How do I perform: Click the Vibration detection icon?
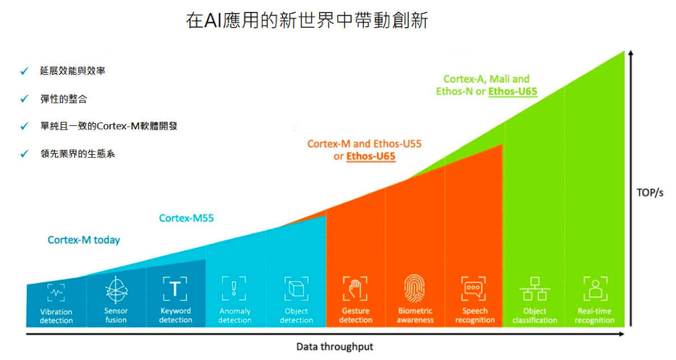tap(56, 293)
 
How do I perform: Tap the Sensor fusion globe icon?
tap(116, 290)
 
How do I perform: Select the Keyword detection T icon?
tap(175, 289)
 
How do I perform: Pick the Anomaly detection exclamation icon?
tap(234, 289)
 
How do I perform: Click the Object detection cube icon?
tap(296, 289)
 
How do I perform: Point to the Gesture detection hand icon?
tap(355, 289)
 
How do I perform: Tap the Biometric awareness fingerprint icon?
tap(414, 288)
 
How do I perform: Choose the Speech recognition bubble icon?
tap(473, 289)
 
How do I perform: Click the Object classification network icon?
tap(534, 289)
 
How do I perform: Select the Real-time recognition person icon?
tap(596, 289)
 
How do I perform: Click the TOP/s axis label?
tap(650, 193)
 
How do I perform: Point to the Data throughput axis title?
tap(334, 346)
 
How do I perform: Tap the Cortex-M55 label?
tap(186, 218)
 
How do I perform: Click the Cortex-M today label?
tap(84, 240)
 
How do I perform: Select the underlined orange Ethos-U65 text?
tap(371, 156)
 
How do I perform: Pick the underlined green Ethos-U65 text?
tap(513, 91)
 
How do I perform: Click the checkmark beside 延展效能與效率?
tap(24, 71)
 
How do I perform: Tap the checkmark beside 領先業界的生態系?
tap(24, 154)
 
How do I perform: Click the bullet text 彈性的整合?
tap(64, 99)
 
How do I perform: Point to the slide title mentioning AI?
tap(307, 20)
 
